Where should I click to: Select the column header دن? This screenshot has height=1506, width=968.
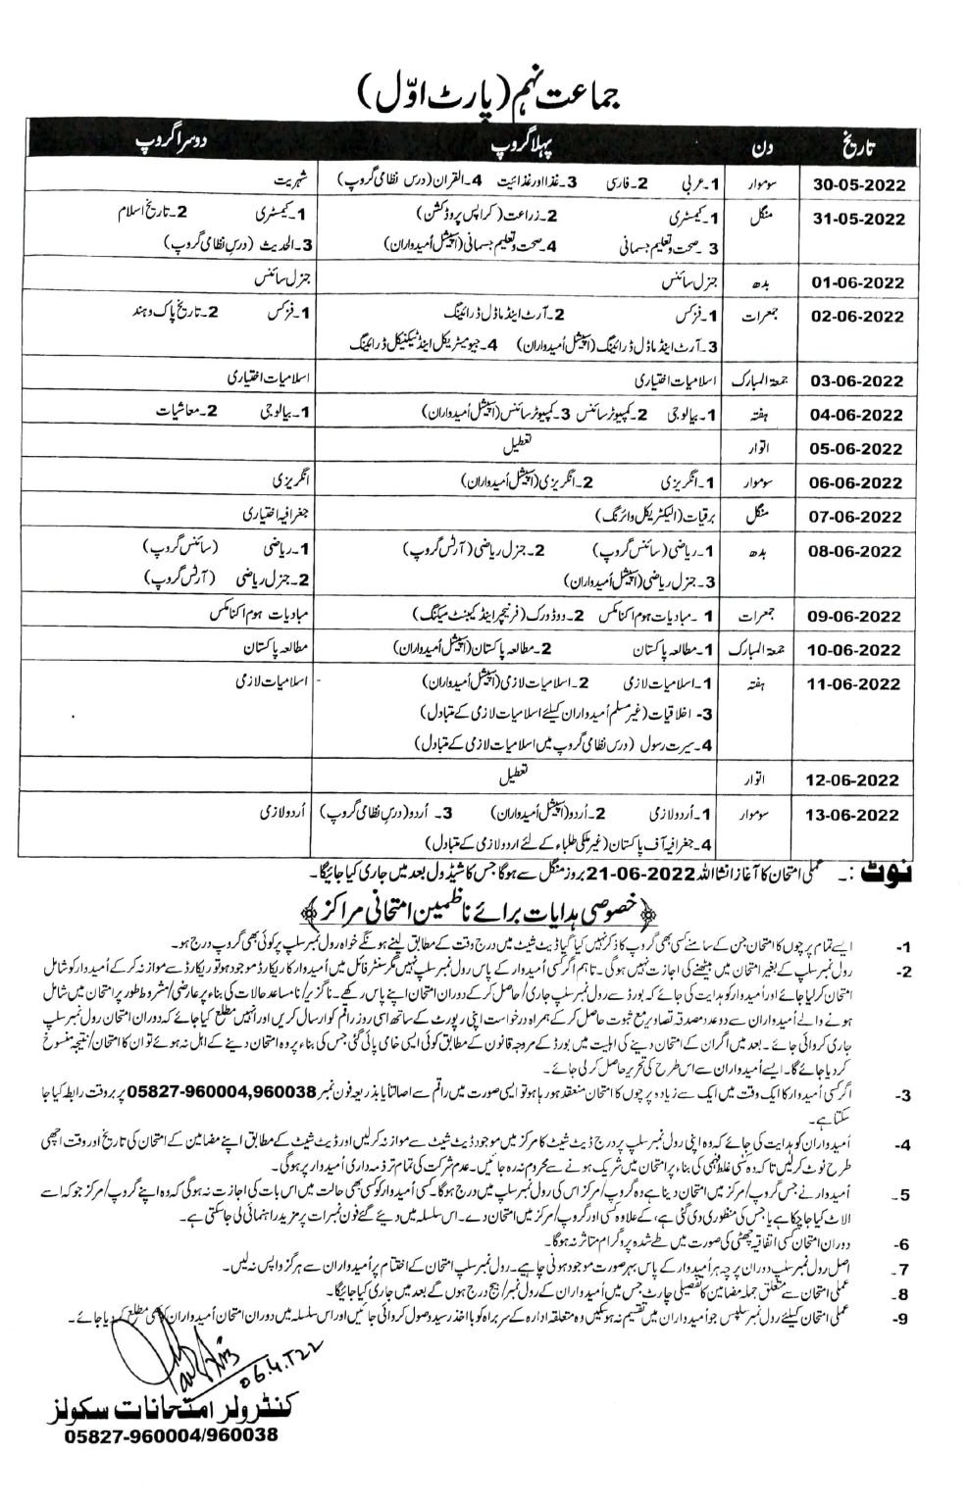758,148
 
